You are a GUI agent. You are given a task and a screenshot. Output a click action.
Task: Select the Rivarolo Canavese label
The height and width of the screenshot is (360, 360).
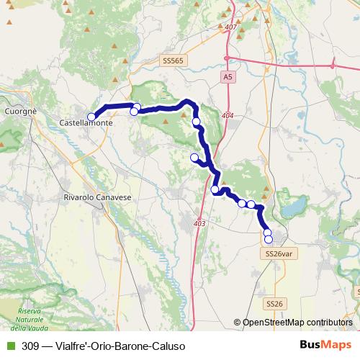click(x=93, y=197)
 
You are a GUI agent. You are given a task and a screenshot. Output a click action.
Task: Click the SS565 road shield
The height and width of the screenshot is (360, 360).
click(x=175, y=60)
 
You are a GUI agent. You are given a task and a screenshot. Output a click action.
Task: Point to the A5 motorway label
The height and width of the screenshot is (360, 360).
click(x=228, y=76)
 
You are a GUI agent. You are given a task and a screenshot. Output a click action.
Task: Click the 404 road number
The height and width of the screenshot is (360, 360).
click(x=228, y=115)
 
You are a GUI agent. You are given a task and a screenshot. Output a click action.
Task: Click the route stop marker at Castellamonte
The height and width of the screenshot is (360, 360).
click(x=91, y=117)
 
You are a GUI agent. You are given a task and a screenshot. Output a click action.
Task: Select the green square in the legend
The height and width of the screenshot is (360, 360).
click(x=9, y=346)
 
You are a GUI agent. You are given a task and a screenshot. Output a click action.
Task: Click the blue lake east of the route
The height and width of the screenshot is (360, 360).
click(x=293, y=210)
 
